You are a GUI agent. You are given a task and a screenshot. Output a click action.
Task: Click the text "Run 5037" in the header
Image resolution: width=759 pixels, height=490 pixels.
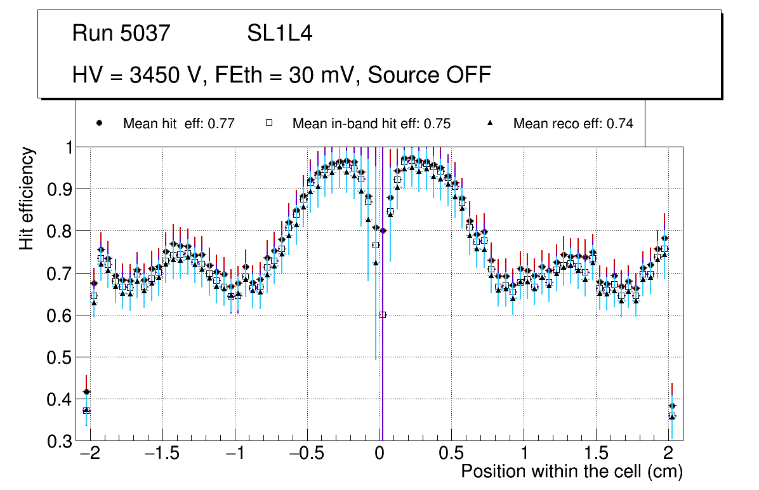point(121,34)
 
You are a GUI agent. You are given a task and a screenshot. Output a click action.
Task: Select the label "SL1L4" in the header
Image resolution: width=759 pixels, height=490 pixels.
point(279,34)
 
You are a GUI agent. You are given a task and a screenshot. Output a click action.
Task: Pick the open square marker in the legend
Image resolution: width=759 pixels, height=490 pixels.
point(268,124)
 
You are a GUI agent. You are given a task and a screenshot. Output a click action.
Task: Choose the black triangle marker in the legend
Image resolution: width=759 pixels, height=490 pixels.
point(490,124)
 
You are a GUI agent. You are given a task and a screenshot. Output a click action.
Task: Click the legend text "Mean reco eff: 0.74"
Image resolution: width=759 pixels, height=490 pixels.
point(573,124)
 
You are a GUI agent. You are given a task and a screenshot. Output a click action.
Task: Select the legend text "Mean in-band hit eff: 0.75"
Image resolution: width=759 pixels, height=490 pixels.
point(371,124)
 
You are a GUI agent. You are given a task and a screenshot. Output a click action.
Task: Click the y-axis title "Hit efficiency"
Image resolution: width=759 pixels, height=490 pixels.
point(27,199)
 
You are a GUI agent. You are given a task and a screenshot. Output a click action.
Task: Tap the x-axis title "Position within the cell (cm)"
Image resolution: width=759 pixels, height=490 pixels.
point(571,472)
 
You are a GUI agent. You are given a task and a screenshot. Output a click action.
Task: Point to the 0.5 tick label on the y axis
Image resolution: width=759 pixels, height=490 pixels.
point(60,357)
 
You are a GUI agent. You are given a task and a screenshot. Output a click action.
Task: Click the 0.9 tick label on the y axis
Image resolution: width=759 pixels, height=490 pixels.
point(60,189)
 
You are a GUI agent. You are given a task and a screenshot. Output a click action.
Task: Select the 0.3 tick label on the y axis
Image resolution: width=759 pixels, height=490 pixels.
point(60,441)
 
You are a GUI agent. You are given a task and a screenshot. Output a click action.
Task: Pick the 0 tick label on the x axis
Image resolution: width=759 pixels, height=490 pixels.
point(379,454)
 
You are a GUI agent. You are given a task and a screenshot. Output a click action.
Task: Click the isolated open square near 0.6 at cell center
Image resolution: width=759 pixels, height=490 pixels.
point(383,315)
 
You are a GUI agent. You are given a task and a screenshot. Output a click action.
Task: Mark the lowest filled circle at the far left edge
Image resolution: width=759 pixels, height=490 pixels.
point(87,392)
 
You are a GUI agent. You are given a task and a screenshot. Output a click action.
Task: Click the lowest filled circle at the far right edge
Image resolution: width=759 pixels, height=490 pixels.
point(672,406)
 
